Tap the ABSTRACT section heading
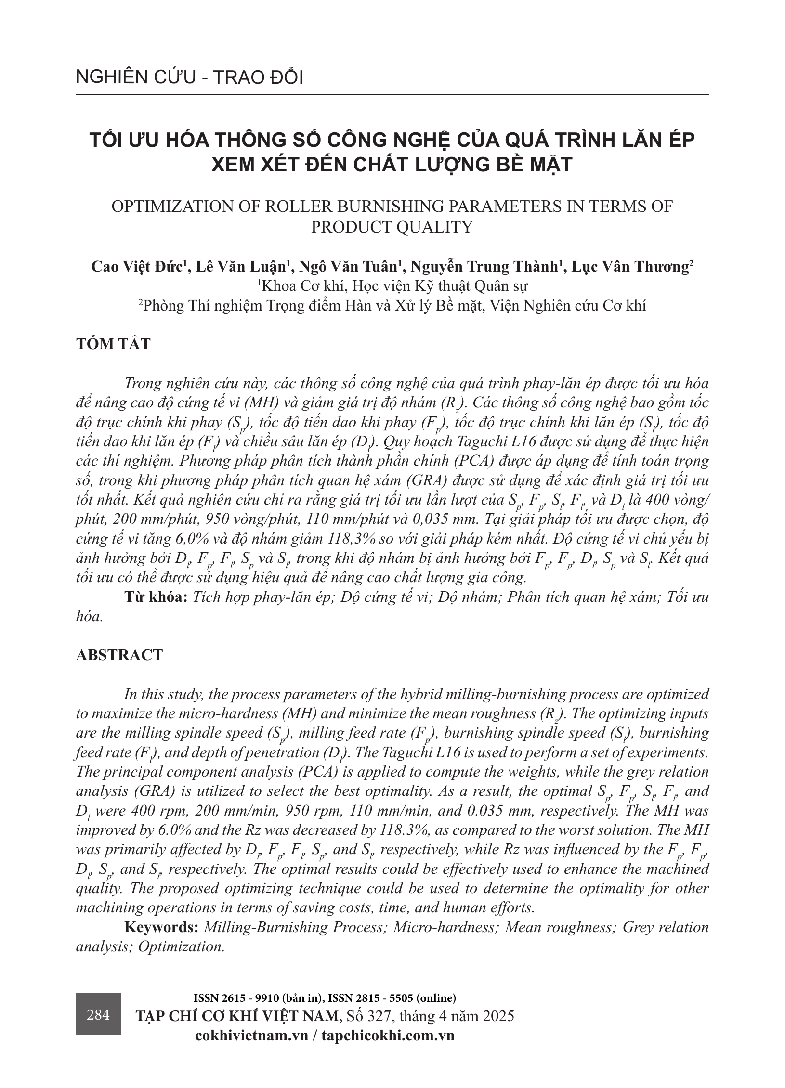coord(119,655)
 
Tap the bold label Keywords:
coord(161,927)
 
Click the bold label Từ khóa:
coord(156,597)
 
